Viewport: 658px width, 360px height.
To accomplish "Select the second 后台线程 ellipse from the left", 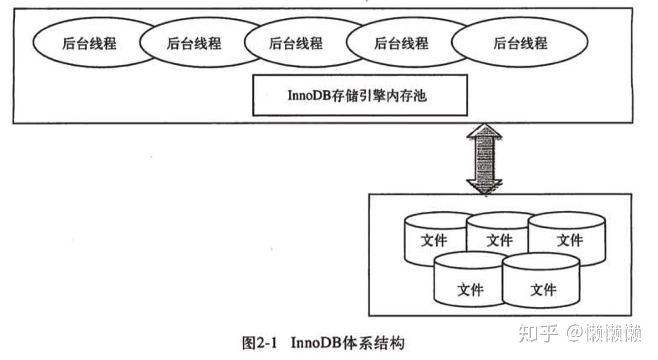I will click(194, 43).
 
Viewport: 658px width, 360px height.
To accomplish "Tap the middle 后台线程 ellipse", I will click(296, 43).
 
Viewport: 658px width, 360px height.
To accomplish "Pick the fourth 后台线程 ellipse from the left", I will click(400, 43).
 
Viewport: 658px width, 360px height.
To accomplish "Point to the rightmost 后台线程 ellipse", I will click(520, 43).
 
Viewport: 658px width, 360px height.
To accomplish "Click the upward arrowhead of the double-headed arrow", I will click(484, 131).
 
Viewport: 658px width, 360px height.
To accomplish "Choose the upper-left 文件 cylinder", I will click(433, 240).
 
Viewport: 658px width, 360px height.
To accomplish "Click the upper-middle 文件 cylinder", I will click(499, 240).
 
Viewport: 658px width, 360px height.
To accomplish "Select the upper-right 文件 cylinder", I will click(570, 240).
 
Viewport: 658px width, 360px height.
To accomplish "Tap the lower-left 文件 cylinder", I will click(470, 289).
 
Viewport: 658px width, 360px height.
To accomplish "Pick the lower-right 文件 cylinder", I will click(542, 289).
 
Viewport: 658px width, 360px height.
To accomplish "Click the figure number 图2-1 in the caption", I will click(259, 343).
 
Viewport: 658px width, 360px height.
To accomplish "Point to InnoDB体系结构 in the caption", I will click(348, 343).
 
